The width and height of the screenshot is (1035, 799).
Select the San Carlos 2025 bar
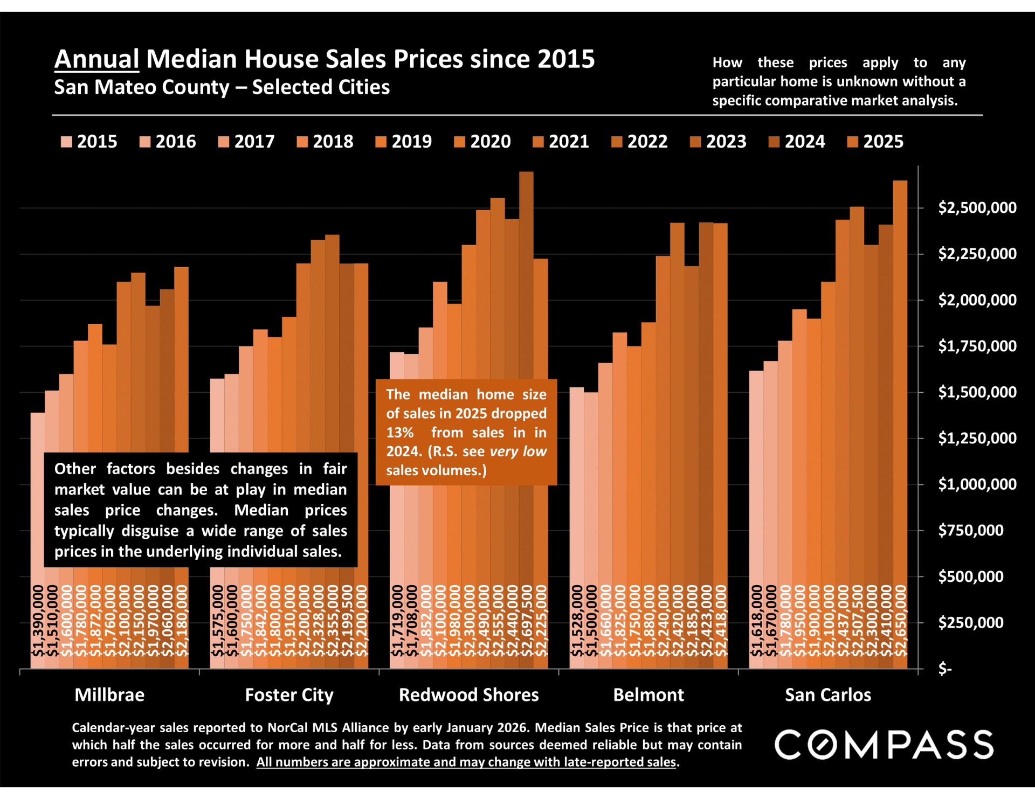[x=900, y=377]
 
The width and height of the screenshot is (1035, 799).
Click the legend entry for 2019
[x=404, y=142]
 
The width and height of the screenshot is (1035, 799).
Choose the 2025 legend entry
[x=875, y=142]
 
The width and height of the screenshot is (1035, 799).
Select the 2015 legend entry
[x=89, y=142]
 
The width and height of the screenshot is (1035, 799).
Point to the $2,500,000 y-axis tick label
[x=977, y=208]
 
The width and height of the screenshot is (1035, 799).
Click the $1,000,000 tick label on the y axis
[x=977, y=484]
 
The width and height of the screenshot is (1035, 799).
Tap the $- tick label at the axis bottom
[x=945, y=669]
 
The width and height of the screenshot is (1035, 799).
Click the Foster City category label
[x=289, y=695]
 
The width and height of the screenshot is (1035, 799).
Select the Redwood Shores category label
[x=468, y=695]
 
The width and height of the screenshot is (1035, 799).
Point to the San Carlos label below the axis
[x=827, y=695]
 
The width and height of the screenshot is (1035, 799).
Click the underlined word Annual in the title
[x=97, y=59]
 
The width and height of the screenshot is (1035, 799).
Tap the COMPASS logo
[x=884, y=745]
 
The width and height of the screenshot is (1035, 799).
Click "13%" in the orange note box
[x=399, y=433]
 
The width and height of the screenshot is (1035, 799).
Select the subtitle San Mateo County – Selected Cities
[x=222, y=87]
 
